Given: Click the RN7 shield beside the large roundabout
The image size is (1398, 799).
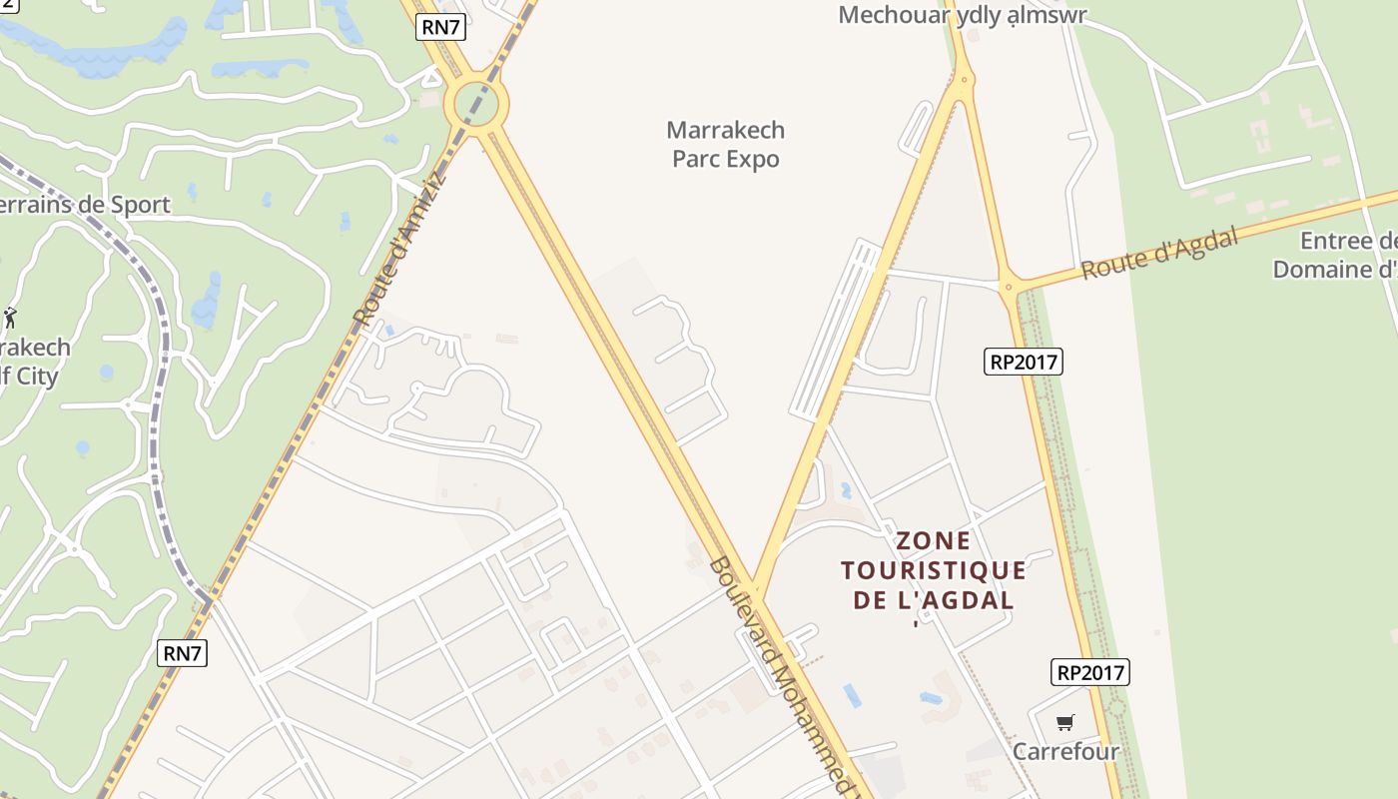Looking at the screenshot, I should coord(440,27).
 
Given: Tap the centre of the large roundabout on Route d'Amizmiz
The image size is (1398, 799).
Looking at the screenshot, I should coord(476,102).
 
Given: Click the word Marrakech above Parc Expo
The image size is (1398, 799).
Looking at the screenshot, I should coord(725,130).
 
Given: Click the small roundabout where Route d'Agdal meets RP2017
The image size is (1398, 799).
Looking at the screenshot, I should coord(1008,287).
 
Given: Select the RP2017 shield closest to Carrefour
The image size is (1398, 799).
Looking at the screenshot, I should coord(1089,672).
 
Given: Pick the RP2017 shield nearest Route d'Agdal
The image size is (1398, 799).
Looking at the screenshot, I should coord(1023,362).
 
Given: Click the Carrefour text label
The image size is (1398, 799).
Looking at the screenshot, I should coord(1065,751).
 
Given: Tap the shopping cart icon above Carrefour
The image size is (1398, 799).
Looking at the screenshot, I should coord(1065,722).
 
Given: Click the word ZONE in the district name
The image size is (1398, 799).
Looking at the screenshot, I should coord(934,541).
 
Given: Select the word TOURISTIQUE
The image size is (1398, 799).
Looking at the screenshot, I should coord(934,570).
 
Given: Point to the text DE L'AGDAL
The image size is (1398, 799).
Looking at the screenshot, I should coord(934,600).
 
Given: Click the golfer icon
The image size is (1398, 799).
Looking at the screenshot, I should coord(10,318).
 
